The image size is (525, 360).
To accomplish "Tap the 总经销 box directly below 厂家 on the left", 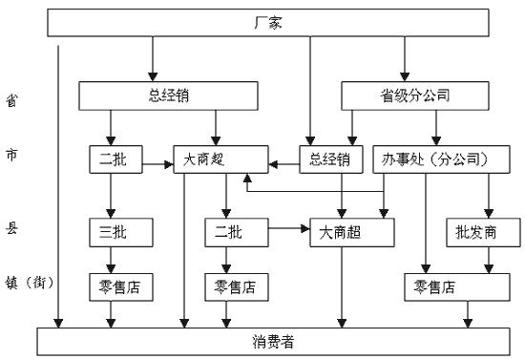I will (151, 95).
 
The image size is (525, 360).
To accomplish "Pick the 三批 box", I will (112, 231).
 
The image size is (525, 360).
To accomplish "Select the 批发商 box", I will (483, 231).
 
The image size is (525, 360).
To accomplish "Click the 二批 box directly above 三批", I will (112, 158).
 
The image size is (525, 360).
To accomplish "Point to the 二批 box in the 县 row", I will (226, 231).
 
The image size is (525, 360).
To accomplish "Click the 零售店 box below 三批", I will (113, 285).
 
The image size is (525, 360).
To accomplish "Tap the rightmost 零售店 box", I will (433, 285).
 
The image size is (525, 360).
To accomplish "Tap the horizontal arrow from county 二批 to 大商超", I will (287, 230).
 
